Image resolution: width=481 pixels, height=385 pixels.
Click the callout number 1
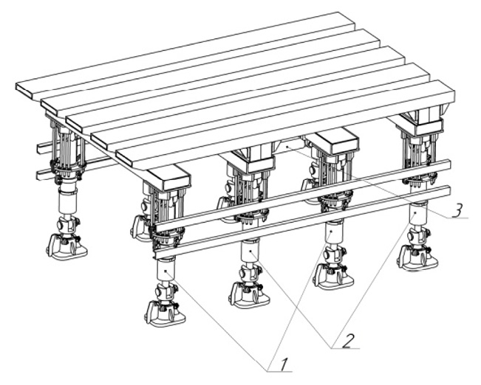pos(283,364)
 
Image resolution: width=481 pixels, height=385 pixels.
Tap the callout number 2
pos(348,341)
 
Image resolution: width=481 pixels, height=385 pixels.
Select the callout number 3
pos(457,210)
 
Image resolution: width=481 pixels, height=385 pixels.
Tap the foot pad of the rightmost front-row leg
pos(417,258)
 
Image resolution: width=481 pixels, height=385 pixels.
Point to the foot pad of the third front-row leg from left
pos(333,277)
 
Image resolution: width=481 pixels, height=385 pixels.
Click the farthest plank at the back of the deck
pos(185,55)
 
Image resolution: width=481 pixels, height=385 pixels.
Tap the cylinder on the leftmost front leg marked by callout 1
pos(166,271)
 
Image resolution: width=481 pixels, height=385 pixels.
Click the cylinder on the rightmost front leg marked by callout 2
pos(417,213)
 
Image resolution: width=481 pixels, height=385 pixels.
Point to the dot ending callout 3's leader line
pos(287,148)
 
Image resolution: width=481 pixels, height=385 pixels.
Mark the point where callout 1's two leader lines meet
pos(267,372)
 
